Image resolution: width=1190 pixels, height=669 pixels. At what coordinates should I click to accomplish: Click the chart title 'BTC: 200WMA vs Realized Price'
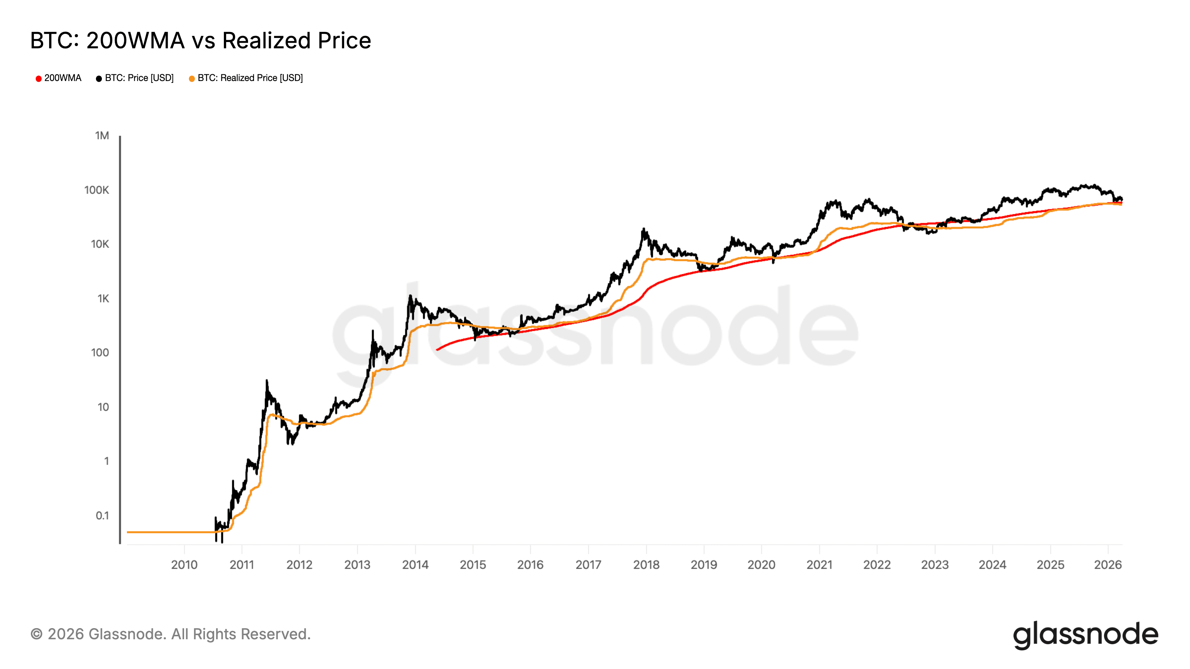pos(200,41)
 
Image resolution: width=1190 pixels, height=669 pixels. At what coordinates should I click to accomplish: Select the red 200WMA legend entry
pos(58,78)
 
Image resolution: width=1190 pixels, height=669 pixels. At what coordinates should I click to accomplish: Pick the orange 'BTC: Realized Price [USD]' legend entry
pos(246,78)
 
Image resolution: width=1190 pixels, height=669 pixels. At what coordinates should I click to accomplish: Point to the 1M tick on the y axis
pos(102,136)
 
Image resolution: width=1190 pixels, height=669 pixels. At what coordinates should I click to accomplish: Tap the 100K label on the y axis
pos(97,190)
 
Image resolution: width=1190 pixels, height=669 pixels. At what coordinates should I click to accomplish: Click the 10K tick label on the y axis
pos(100,244)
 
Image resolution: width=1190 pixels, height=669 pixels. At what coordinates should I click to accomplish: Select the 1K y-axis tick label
pos(103,299)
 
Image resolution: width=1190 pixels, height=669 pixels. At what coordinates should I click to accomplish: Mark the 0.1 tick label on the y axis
pos(102,516)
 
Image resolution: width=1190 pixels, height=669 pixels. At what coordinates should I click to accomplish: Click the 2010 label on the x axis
pos(184,565)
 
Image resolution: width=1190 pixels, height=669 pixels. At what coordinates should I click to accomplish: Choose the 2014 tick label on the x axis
pos(415,565)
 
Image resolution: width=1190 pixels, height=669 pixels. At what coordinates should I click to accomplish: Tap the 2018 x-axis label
pos(646,565)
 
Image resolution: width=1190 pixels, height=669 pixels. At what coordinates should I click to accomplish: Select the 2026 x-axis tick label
pos(1108,565)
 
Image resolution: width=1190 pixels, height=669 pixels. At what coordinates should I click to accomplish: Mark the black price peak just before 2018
pos(643,229)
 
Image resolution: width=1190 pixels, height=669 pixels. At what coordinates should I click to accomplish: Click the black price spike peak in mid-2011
pos(267,381)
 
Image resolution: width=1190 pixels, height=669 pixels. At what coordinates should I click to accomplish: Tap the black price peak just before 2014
pos(410,296)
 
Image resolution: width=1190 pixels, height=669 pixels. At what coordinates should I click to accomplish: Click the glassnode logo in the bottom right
pos(1086,635)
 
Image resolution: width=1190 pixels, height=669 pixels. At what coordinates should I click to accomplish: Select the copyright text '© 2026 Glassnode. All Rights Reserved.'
pos(170,634)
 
